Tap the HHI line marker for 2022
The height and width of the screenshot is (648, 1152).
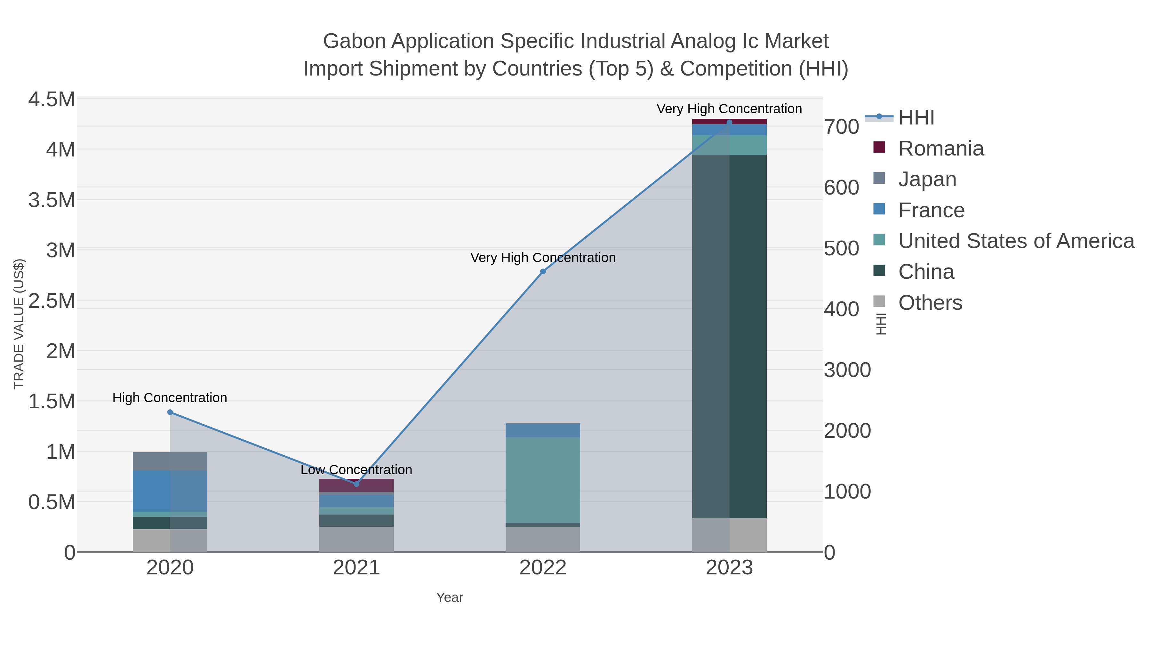click(x=543, y=271)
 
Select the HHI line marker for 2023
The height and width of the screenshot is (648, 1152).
click(x=729, y=122)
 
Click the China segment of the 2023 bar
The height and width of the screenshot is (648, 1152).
click(x=729, y=335)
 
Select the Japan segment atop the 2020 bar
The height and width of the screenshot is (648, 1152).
click(x=170, y=461)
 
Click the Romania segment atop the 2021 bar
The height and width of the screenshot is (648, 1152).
click(x=356, y=485)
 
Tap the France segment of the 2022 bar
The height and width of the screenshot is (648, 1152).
click(x=543, y=430)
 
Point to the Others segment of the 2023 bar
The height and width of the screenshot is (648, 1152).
click(x=729, y=535)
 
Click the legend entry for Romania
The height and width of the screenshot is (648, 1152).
click(x=941, y=148)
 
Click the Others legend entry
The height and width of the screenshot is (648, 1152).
click(x=930, y=303)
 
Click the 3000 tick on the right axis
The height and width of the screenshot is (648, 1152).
click(x=847, y=370)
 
